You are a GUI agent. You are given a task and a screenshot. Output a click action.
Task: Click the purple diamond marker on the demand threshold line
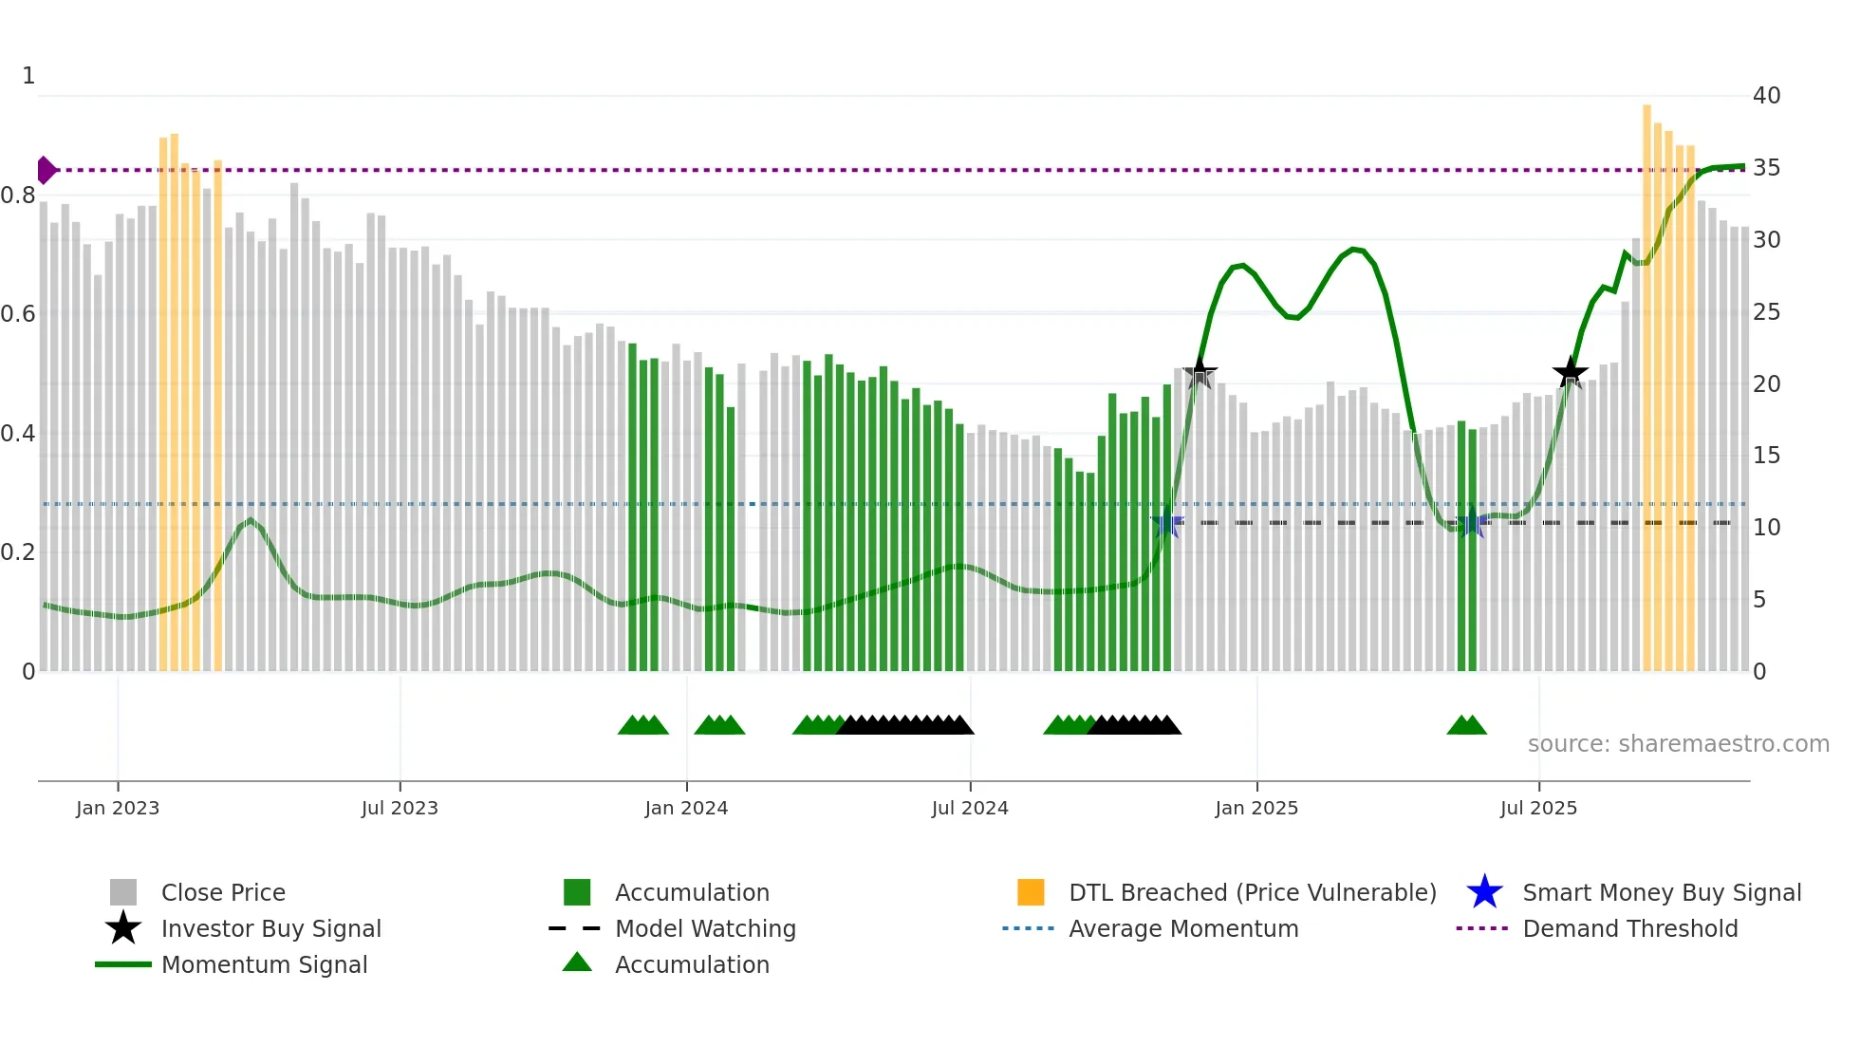tap(46, 170)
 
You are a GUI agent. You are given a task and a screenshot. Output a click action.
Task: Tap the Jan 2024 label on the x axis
tap(686, 808)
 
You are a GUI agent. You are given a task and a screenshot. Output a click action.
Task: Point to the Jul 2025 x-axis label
tap(1538, 808)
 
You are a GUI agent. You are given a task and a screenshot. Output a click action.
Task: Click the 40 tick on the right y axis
tap(1766, 95)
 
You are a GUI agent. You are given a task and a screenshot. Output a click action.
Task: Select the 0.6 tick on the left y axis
tap(18, 314)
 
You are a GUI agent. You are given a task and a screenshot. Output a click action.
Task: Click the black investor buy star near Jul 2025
tap(1570, 372)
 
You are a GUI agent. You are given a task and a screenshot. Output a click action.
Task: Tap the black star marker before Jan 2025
tap(1200, 372)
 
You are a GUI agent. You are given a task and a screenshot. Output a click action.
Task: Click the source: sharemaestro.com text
tap(1678, 743)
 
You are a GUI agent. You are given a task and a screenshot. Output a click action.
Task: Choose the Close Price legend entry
tap(223, 892)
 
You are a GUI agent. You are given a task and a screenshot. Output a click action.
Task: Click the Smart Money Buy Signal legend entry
tap(1661, 892)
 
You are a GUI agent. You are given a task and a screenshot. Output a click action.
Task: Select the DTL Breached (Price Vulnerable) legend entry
tap(1252, 892)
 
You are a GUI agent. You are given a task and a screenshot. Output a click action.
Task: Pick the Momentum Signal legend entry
tap(264, 964)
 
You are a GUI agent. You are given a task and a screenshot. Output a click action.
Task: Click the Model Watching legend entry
tap(705, 928)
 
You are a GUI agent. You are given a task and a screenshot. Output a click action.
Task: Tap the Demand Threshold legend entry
tap(1629, 928)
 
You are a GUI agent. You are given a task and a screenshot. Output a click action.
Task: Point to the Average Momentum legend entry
tap(1183, 928)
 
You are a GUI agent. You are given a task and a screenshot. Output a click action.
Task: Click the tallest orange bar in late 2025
tap(1646, 380)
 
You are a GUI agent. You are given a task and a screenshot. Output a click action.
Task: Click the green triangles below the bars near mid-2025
tap(1466, 725)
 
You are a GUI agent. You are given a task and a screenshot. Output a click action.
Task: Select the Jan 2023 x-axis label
tap(118, 808)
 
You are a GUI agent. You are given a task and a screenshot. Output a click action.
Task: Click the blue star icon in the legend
tap(1484, 892)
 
